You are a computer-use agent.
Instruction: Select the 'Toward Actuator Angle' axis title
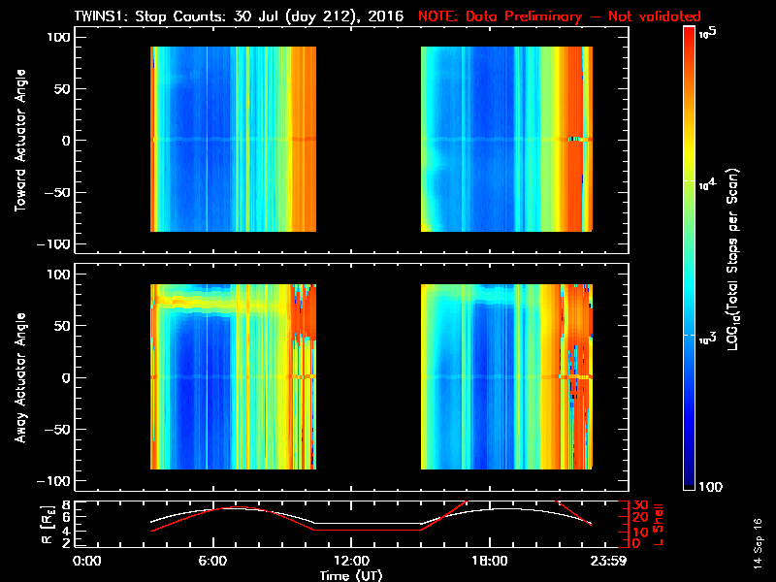[x=18, y=140]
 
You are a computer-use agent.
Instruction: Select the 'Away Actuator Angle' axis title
[x=18, y=377]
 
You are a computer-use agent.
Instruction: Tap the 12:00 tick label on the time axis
[x=350, y=561]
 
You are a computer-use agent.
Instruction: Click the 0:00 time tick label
[x=87, y=561]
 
